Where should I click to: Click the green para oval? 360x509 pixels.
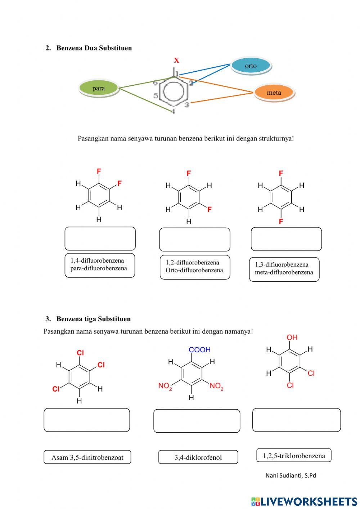tap(98, 88)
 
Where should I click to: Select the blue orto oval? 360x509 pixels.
tap(251, 66)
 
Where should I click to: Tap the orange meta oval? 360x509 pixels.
tap(274, 93)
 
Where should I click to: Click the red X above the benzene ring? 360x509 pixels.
tap(176, 61)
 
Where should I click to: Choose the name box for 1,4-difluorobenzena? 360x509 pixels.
tap(100, 265)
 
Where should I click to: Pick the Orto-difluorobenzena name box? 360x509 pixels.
tap(194, 267)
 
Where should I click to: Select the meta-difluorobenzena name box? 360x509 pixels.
tap(284, 269)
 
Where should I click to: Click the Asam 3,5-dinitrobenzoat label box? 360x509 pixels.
tap(87, 457)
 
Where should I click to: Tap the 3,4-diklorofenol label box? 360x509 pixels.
tap(198, 457)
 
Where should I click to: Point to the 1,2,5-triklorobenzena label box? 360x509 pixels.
tap(294, 455)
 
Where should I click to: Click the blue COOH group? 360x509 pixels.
tap(199, 350)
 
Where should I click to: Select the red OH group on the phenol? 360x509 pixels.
tap(292, 338)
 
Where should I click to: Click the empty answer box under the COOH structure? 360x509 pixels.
tap(197, 421)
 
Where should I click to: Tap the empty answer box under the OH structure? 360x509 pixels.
tap(296, 420)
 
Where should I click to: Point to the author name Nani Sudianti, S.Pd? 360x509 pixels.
tap(291, 475)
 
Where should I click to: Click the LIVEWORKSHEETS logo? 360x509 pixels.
tap(304, 501)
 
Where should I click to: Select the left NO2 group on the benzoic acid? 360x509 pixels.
tap(165, 386)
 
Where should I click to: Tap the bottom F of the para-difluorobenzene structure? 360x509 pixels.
tap(281, 222)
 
